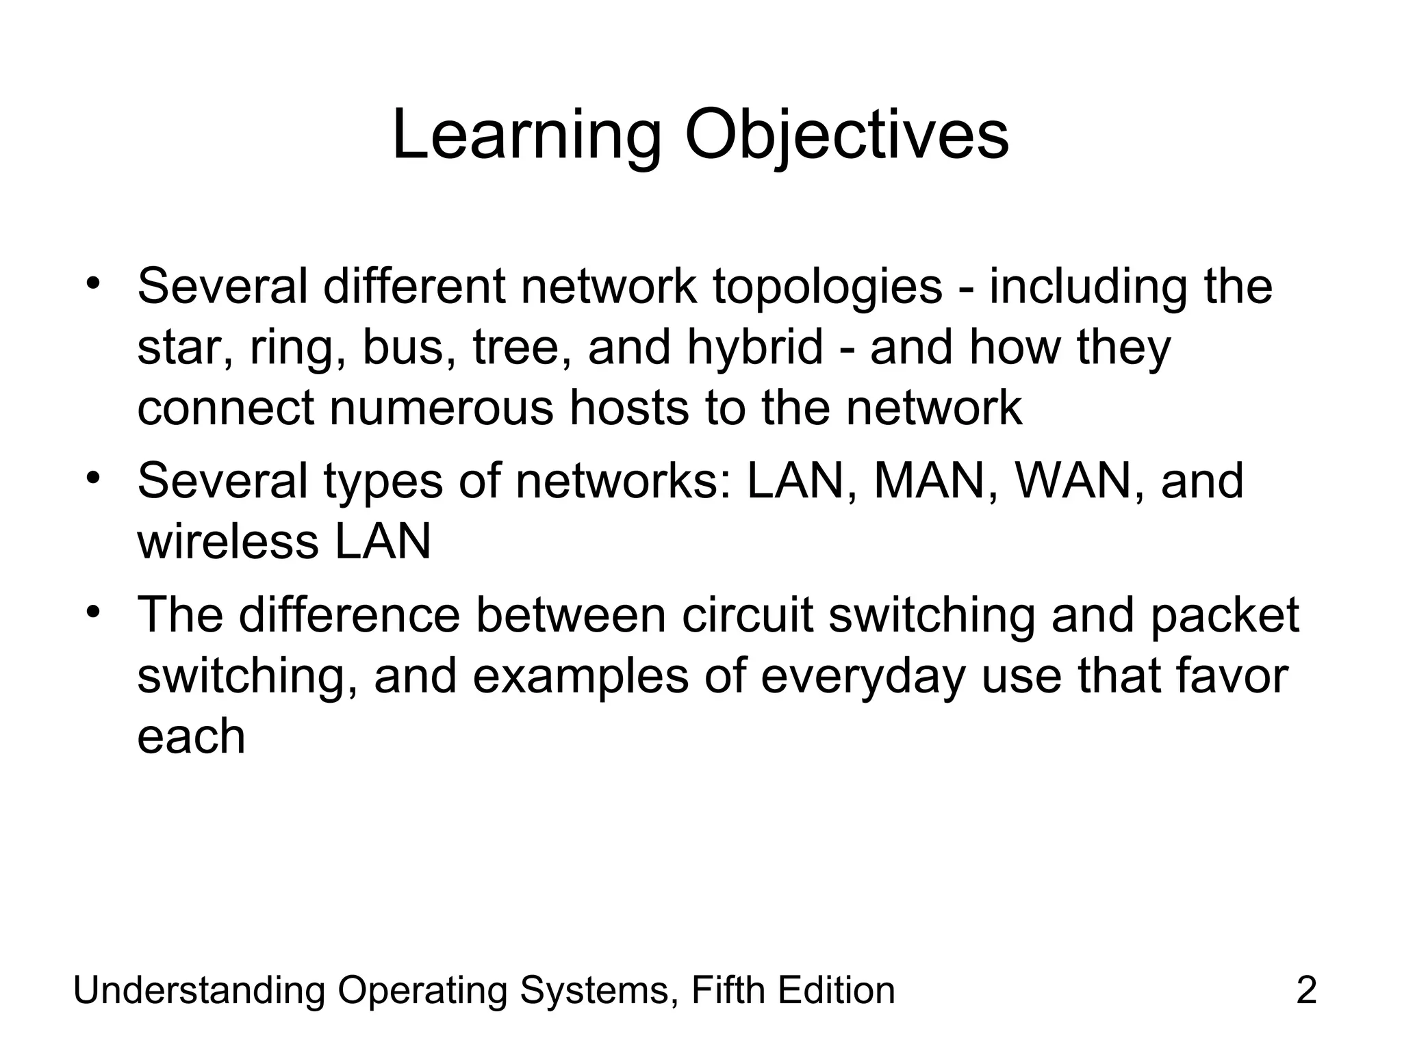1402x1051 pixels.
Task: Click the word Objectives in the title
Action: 846,136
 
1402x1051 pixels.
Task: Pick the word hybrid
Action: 754,348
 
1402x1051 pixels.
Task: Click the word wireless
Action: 228,541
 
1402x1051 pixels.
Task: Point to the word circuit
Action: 747,614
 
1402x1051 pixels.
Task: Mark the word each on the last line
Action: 191,736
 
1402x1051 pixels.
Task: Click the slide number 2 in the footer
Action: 1306,991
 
